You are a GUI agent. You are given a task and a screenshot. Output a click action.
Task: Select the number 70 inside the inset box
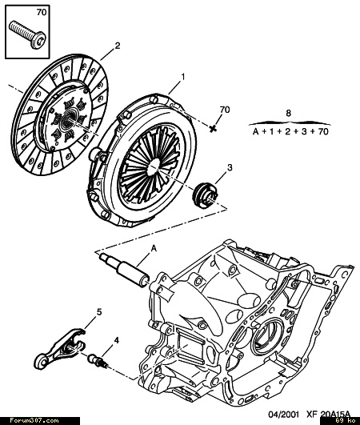(41, 13)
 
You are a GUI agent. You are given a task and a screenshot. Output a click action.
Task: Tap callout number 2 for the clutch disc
(117, 46)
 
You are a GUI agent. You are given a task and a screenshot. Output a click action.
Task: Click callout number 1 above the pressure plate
(183, 78)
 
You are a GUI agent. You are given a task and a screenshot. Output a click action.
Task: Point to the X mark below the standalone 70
(214, 129)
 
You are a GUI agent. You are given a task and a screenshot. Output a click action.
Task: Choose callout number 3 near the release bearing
(230, 167)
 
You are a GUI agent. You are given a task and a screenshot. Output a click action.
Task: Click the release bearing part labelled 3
(205, 195)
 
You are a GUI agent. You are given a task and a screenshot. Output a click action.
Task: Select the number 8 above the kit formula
(288, 113)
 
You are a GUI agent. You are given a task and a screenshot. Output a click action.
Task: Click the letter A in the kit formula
(256, 132)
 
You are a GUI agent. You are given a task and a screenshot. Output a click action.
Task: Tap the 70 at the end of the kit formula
(323, 132)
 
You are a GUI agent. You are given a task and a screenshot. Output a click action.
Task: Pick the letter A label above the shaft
(154, 248)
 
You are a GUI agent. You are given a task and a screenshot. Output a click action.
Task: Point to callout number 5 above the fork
(99, 312)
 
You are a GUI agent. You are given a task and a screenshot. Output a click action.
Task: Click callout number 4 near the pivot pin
(117, 340)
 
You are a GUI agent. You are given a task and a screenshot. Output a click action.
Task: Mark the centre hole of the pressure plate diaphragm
(154, 165)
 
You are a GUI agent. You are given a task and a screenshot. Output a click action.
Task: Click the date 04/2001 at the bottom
(284, 414)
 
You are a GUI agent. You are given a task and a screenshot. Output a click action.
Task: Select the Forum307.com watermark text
(34, 421)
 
